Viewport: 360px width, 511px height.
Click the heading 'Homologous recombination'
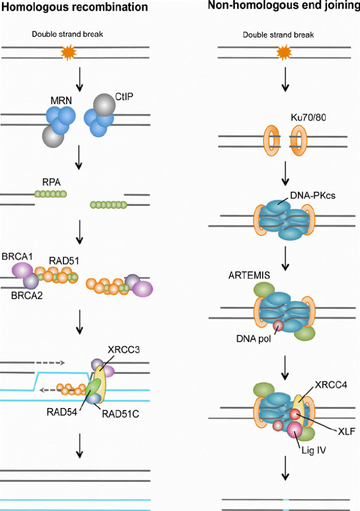74,7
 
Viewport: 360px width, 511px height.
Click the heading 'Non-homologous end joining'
291,6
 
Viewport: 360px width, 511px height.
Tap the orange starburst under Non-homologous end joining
284,51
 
